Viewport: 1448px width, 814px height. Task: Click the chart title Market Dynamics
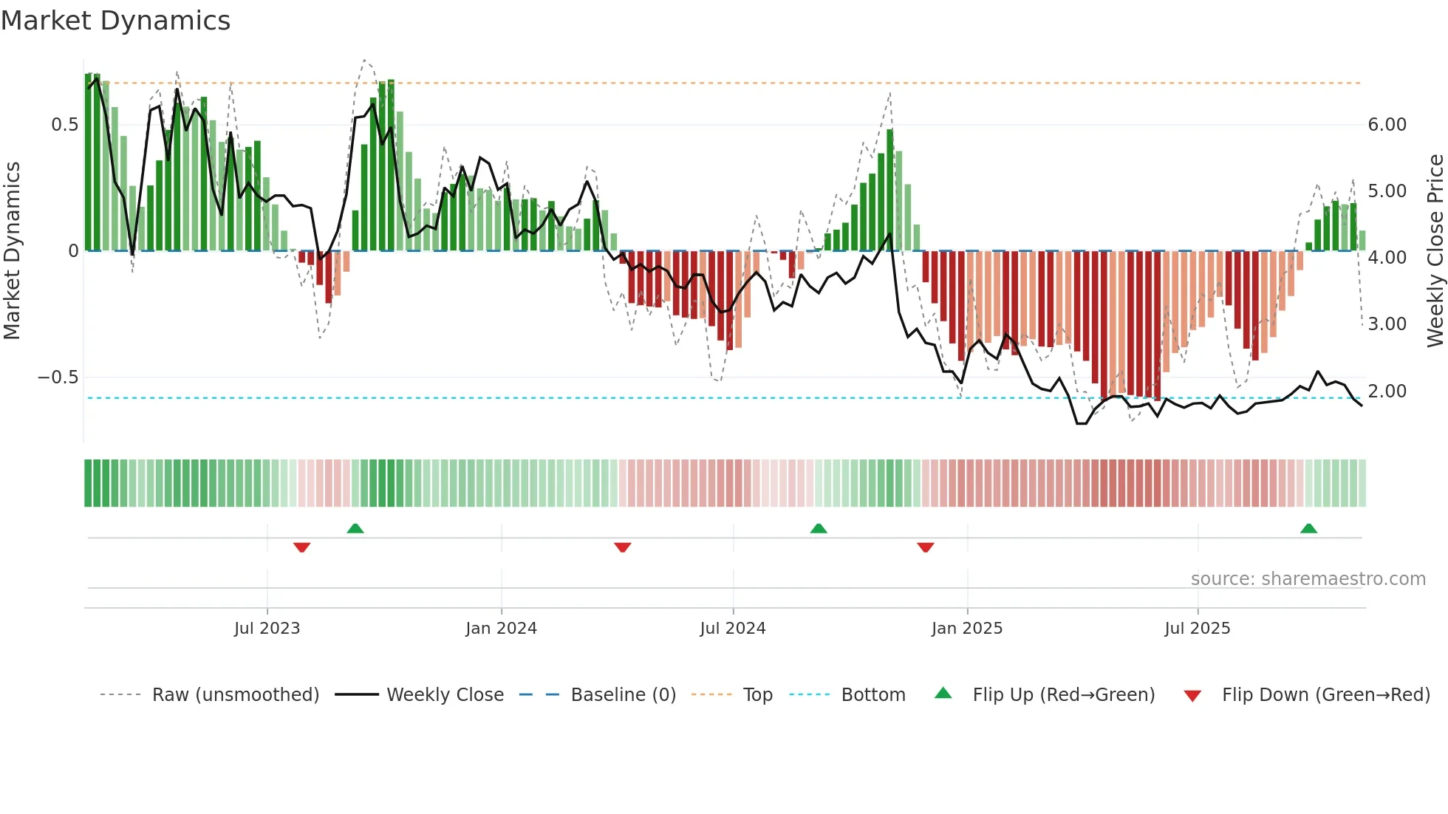click(x=115, y=21)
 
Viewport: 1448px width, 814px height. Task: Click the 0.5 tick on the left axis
click(x=65, y=125)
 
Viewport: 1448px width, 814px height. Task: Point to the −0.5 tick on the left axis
click(x=58, y=377)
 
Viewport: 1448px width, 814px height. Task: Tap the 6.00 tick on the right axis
click(x=1387, y=125)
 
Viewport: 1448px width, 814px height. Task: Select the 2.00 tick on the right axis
click(x=1387, y=391)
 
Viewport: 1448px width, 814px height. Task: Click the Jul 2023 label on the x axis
click(x=267, y=629)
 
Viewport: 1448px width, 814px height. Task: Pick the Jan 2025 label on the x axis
click(x=966, y=629)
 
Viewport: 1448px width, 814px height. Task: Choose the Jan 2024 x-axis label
click(x=501, y=629)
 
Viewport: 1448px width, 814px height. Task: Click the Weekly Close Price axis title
click(x=1435, y=250)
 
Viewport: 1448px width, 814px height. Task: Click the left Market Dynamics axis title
click(x=12, y=250)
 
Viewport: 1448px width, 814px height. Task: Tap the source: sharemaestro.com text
click(x=1308, y=579)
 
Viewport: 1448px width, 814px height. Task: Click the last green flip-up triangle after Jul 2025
click(x=1308, y=529)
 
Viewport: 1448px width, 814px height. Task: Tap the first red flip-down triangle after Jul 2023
click(x=301, y=547)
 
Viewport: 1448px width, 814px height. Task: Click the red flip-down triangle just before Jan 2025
click(x=925, y=547)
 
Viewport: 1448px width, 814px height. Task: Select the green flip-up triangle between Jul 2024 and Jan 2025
click(x=818, y=529)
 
